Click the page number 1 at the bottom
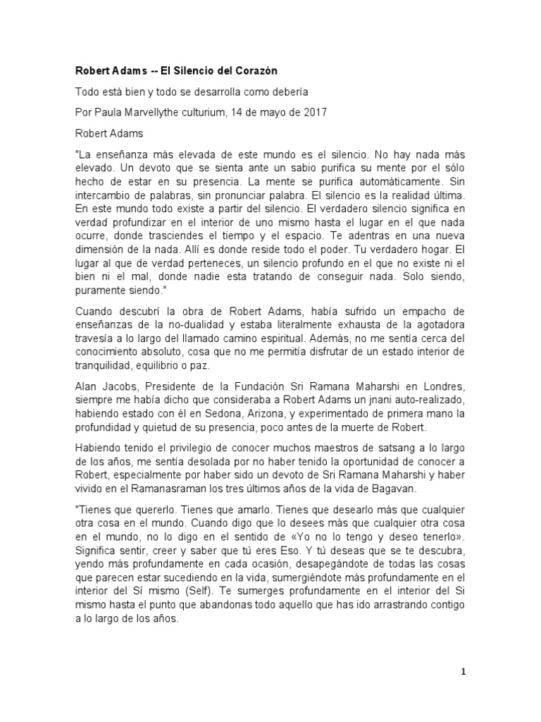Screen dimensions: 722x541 click(464, 672)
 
